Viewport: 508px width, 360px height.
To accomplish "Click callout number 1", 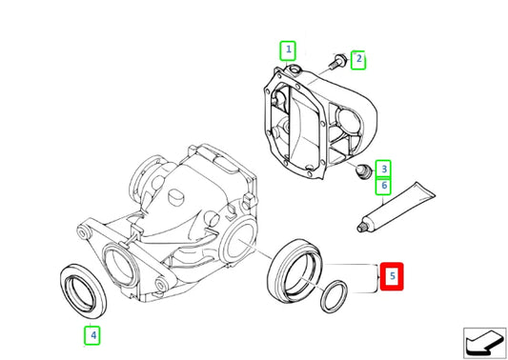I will (x=287, y=50).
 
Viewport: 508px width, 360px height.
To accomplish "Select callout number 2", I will (x=358, y=60).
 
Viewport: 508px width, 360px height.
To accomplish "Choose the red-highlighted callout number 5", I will (x=392, y=277).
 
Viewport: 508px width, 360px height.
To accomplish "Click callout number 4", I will (x=91, y=334).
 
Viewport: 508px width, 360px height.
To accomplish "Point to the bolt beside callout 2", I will (x=337, y=63).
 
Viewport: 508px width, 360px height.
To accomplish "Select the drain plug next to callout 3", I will (x=360, y=173).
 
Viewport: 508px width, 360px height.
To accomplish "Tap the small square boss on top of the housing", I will (x=174, y=197).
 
